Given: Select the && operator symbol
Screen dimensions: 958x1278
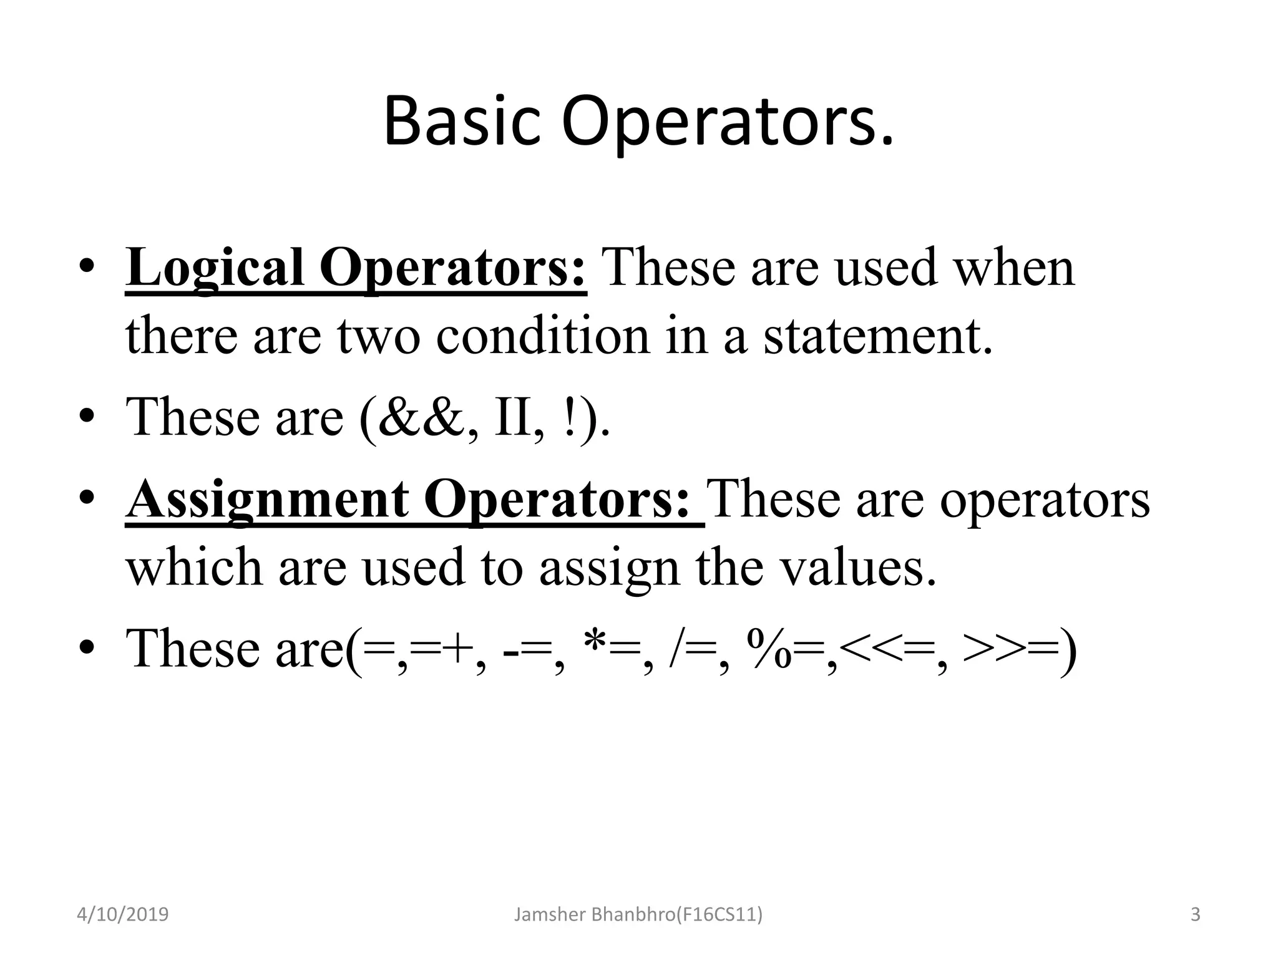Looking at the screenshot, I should pyautogui.click(x=422, y=417).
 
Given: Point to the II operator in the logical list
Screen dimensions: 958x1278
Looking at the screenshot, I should pyautogui.click(x=514, y=417).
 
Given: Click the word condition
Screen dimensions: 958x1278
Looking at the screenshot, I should pyautogui.click(x=543, y=336).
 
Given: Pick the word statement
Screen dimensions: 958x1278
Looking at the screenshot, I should pyautogui.click(x=877, y=336).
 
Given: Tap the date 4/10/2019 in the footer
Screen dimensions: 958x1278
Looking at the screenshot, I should pyautogui.click(x=122, y=915).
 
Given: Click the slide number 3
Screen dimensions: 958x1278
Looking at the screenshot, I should pyautogui.click(x=1196, y=915).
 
